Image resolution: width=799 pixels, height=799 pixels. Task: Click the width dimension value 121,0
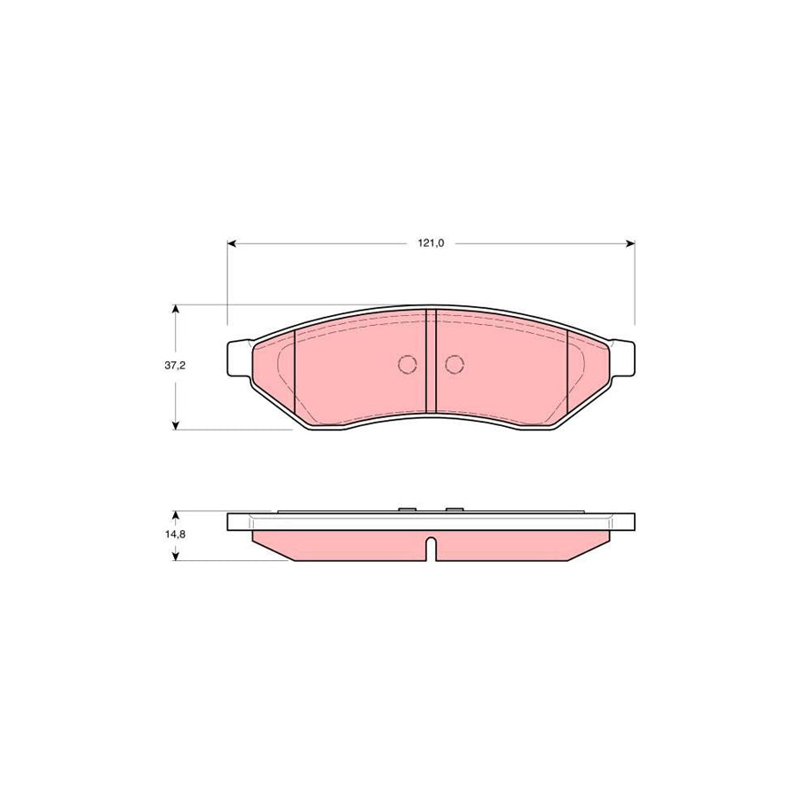431,243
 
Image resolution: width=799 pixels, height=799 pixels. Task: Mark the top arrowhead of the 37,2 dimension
176,310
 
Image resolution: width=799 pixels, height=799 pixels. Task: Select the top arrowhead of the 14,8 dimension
176,516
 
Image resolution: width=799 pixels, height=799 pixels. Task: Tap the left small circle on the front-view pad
407,364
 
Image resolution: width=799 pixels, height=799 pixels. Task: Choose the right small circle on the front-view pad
455,364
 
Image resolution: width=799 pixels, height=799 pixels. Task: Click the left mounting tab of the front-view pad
238,359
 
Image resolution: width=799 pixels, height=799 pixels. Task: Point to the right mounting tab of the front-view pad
624,359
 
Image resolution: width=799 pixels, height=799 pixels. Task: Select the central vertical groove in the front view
431,362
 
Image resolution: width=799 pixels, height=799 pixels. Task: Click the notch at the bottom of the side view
431,550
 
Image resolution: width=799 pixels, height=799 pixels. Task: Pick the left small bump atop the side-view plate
407,510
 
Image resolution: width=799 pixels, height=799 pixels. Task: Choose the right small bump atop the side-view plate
455,510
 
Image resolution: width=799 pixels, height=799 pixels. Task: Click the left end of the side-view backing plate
233,522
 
